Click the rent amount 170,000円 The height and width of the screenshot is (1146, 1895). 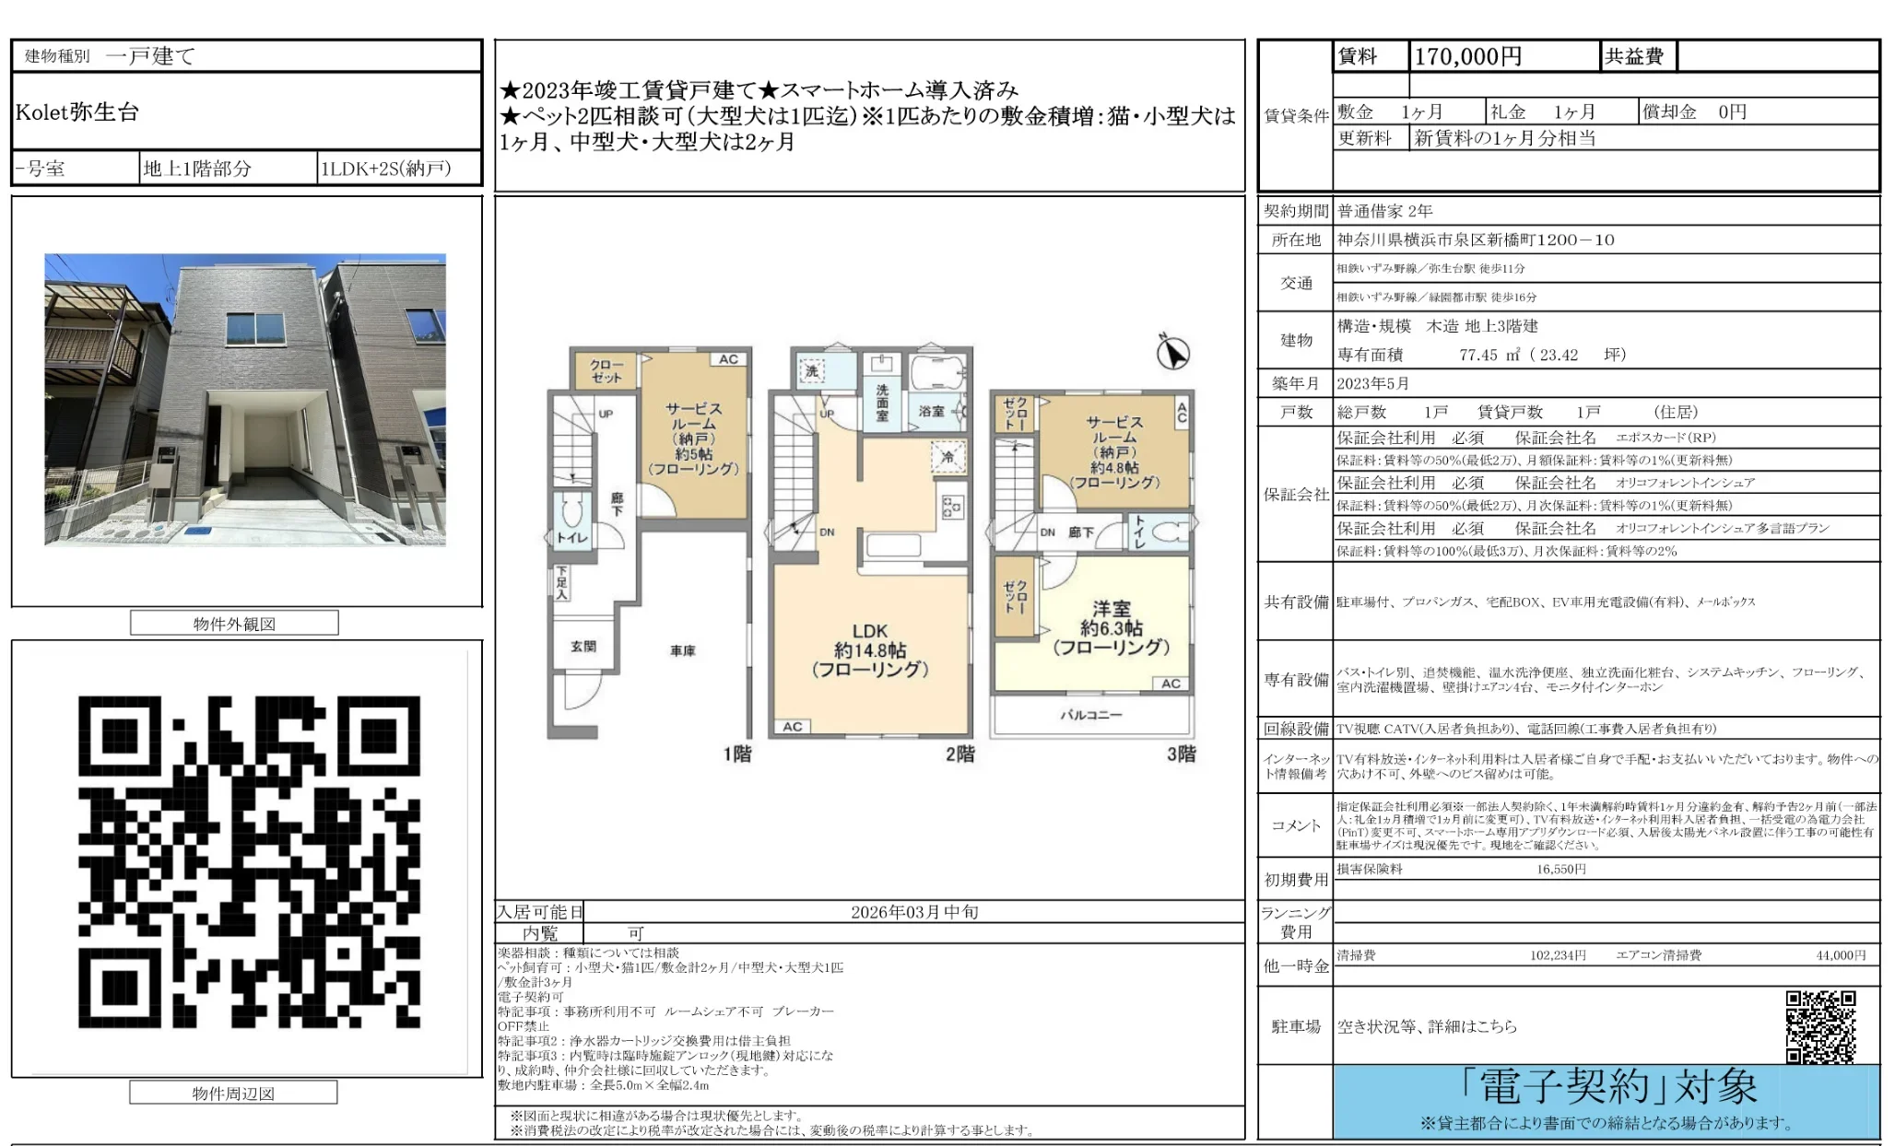tap(1467, 57)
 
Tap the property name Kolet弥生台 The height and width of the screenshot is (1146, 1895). tap(77, 112)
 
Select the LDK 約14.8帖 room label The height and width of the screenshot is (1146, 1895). tap(869, 650)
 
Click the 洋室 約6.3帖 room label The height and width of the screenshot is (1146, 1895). tap(1111, 628)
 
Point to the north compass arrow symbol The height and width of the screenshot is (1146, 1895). tap(1172, 352)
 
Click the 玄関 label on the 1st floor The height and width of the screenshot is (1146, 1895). tap(583, 647)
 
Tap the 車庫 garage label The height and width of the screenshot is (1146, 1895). tap(682, 650)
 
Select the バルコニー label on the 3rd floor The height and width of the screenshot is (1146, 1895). tap(1090, 715)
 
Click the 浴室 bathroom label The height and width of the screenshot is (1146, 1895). tap(931, 412)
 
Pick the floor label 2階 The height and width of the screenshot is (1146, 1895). tap(959, 754)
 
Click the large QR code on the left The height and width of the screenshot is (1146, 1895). tap(249, 861)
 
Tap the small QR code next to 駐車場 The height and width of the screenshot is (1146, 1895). tap(1820, 1025)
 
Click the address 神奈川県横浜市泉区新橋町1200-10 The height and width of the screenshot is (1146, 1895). tap(1476, 240)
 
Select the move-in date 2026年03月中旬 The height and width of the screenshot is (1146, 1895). tap(914, 912)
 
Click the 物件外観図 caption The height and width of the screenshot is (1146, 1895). tap(234, 624)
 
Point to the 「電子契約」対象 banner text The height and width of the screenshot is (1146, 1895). tap(1608, 1088)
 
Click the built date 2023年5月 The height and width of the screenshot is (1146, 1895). tap(1372, 383)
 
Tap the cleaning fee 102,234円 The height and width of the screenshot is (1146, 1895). tap(1558, 955)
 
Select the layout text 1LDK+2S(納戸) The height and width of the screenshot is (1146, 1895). tap(385, 169)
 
